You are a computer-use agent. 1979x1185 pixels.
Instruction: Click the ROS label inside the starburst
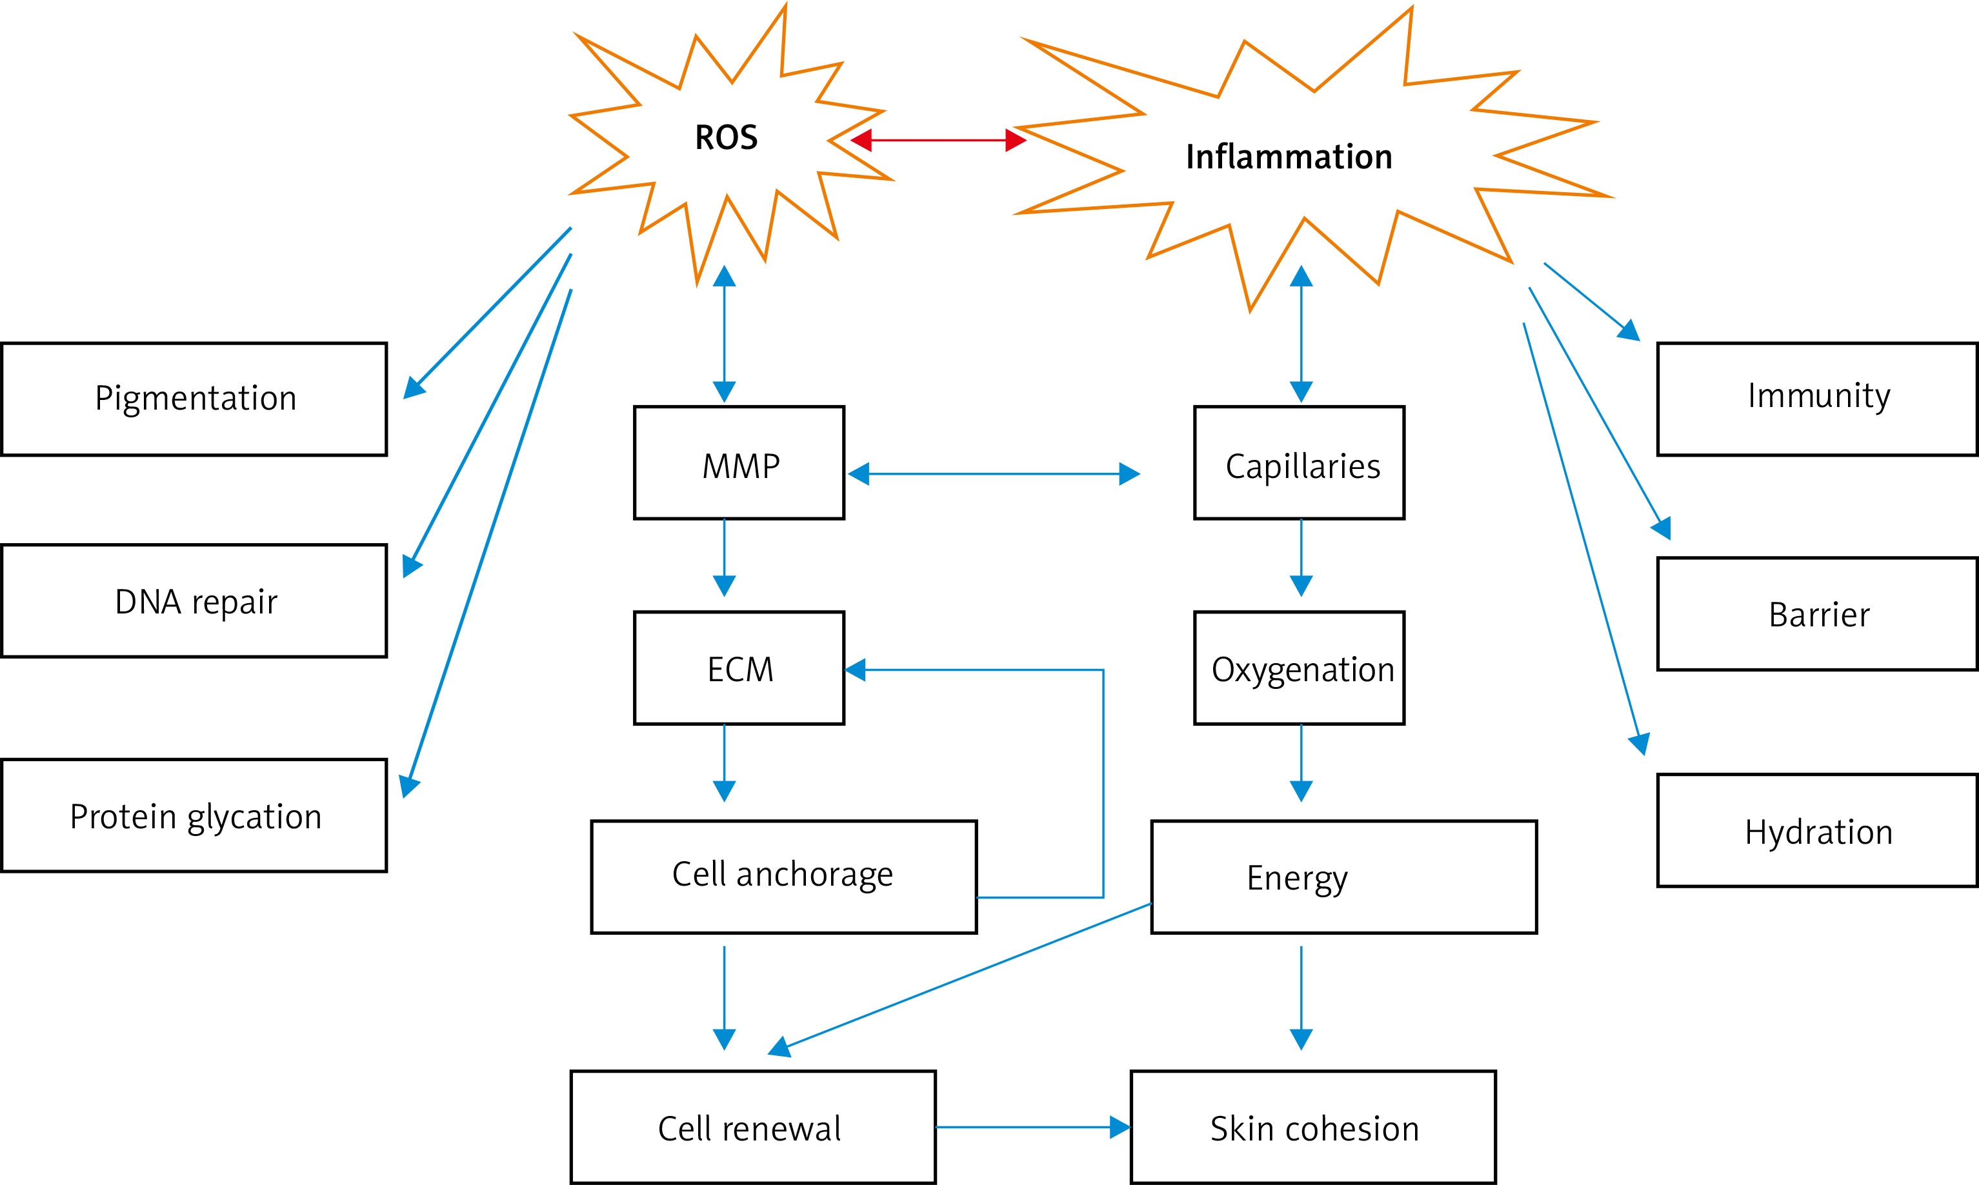726,137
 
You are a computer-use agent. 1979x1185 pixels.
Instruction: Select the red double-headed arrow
938,141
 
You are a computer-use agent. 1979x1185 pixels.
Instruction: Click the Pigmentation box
195,399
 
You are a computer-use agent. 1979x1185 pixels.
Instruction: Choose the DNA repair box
195,601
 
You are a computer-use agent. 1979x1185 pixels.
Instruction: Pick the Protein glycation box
195,816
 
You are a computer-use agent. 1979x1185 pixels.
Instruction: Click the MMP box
739,463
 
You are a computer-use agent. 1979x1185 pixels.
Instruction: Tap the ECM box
739,668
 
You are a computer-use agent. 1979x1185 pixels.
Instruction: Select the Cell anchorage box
783,877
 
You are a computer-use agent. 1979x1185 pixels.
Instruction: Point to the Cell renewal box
752,1128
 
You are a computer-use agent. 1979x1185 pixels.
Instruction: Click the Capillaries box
1300,463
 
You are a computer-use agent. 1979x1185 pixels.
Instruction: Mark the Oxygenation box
1300,668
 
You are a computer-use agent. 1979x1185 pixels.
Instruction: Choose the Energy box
1343,877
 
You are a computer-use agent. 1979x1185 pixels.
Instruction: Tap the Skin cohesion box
1313,1128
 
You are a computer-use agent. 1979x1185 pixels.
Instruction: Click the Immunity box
1818,399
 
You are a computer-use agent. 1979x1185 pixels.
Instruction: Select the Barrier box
1818,614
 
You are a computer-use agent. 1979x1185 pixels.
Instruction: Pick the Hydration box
1818,830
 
